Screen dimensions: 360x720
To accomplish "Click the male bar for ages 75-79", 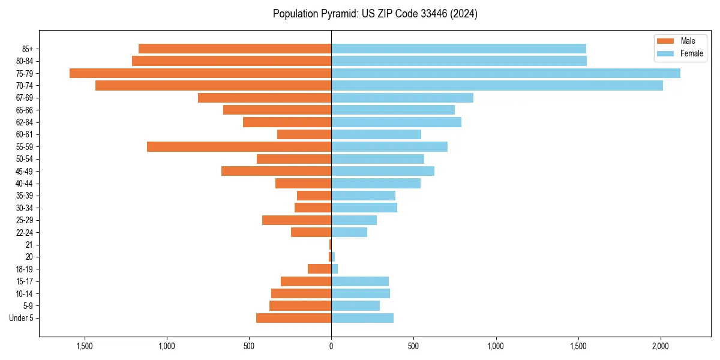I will tap(200, 73).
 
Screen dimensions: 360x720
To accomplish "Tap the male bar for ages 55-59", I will tap(239, 146).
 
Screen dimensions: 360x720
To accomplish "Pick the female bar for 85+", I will tap(458, 49).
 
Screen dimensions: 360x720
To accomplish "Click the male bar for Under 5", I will tap(293, 318).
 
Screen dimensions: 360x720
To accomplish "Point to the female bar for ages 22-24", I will tap(349, 232).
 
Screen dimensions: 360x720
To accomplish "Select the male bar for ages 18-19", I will tap(319, 269).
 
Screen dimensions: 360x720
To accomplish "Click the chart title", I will tap(375, 14).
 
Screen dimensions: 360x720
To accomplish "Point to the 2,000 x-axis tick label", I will tap(661, 346).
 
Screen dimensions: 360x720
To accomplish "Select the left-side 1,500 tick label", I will tap(84, 346).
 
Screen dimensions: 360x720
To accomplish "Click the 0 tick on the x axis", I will tap(331, 346).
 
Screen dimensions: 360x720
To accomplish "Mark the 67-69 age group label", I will tap(25, 98).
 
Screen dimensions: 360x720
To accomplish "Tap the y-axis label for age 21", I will tap(29, 245).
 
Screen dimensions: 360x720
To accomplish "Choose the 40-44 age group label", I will tap(25, 184).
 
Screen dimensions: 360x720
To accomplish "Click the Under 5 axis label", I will tap(21, 318).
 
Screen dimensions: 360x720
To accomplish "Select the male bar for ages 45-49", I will tap(276, 171).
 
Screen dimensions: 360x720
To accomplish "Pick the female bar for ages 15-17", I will tap(360, 281).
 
